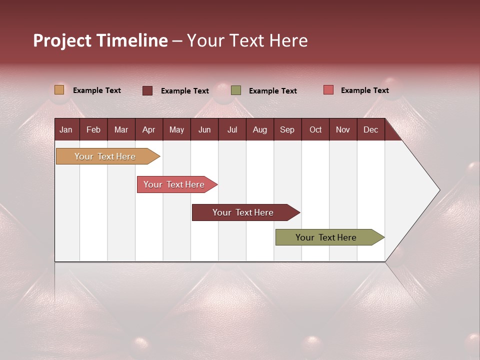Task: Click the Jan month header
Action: click(66, 129)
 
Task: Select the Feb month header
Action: click(93, 129)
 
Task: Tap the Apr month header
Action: click(148, 129)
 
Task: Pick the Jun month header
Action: click(204, 129)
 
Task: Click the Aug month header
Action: click(259, 129)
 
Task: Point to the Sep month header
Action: click(287, 129)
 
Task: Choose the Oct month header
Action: click(315, 129)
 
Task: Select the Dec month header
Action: click(370, 129)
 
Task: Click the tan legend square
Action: click(59, 90)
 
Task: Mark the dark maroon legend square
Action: click(147, 90)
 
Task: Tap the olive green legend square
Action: click(236, 90)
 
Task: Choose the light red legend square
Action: click(328, 90)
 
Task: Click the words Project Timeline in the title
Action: click(100, 40)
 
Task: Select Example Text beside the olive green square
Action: click(272, 91)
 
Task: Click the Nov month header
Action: click(342, 129)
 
